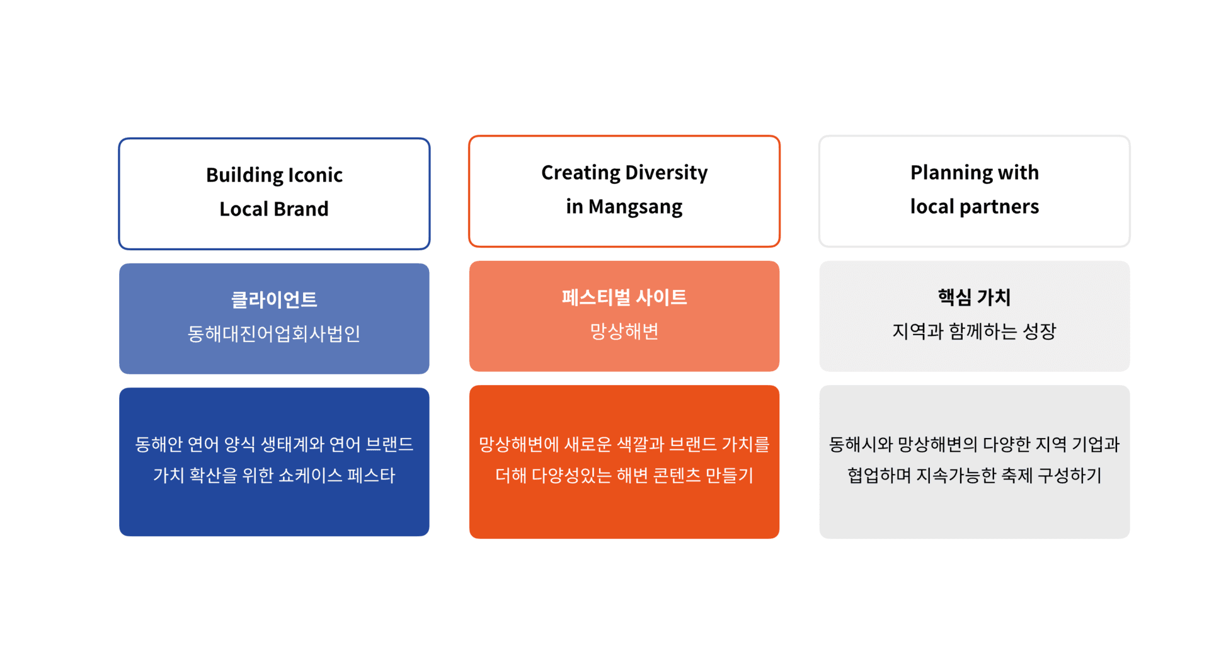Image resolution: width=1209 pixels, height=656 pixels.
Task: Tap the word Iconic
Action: pyautogui.click(x=315, y=175)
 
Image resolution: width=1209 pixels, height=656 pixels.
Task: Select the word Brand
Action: pyautogui.click(x=301, y=209)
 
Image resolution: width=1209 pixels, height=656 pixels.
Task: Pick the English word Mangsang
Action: pyautogui.click(x=635, y=207)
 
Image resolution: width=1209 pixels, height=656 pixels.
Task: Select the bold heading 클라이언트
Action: pyautogui.click(x=274, y=299)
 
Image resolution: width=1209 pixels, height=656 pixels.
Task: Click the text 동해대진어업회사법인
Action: pyautogui.click(x=274, y=333)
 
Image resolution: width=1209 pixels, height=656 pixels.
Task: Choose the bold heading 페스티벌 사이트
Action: pyautogui.click(x=624, y=297)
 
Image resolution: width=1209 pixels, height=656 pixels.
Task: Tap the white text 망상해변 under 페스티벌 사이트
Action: pyautogui.click(x=624, y=331)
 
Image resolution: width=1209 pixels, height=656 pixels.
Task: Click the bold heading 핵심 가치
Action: pyautogui.click(x=974, y=297)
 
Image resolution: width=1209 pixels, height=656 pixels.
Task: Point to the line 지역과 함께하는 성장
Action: pyautogui.click(x=974, y=331)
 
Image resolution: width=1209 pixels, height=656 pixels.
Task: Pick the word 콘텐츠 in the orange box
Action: pyautogui.click(x=677, y=475)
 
